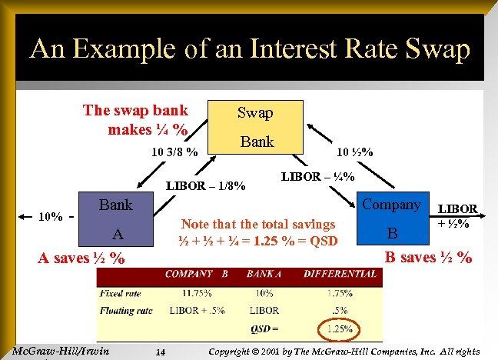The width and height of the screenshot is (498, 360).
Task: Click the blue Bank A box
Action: click(116, 219)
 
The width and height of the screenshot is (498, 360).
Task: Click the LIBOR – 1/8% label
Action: click(207, 185)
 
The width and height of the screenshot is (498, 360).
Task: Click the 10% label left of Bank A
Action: click(51, 216)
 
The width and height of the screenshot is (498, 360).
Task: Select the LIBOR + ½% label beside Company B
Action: click(457, 216)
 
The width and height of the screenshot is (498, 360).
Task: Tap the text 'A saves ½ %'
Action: click(81, 258)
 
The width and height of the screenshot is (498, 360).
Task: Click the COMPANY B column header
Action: click(196, 273)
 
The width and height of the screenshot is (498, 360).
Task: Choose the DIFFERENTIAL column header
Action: click(340, 273)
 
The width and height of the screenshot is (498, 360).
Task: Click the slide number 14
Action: click(161, 352)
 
